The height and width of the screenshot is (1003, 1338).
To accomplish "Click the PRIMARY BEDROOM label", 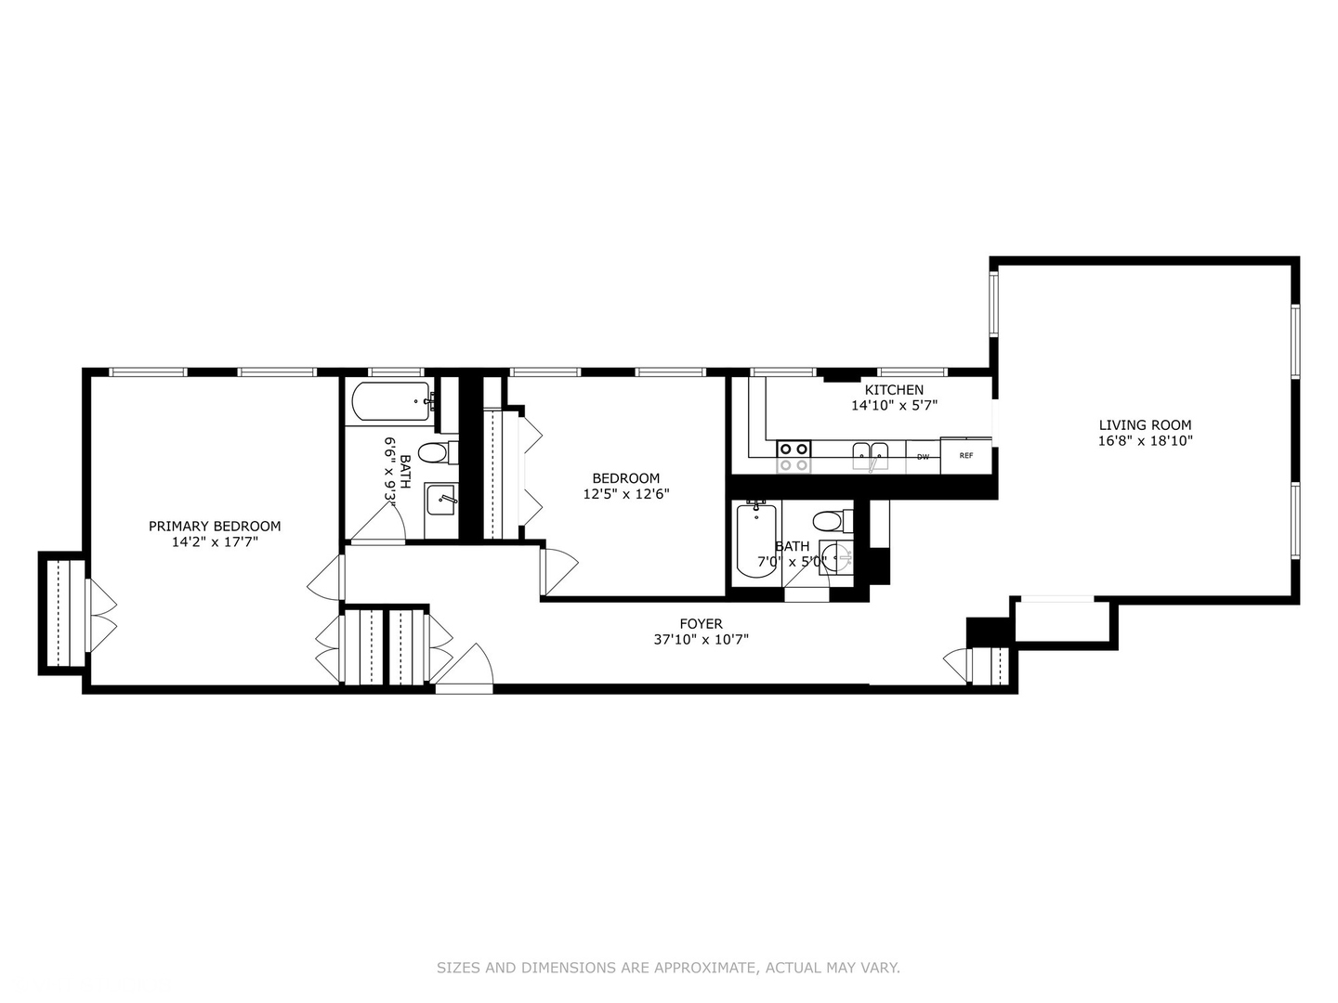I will [x=215, y=526].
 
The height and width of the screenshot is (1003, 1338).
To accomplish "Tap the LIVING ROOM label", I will [x=1145, y=425].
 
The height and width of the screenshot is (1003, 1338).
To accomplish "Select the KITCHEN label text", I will [x=894, y=390].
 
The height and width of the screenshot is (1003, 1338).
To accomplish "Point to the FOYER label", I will [x=701, y=624].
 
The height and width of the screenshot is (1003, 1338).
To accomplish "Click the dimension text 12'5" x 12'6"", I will [x=626, y=494].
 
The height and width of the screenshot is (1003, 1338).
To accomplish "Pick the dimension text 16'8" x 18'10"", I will [x=1145, y=441].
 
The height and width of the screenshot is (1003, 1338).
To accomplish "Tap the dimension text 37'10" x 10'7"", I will [x=701, y=639].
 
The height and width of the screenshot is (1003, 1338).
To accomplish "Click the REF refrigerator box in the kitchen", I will [x=966, y=455].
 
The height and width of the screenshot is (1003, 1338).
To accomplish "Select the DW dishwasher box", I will [x=923, y=456].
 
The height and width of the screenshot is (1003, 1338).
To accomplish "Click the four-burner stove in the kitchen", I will [x=794, y=456].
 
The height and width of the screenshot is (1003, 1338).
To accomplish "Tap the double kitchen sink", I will [x=871, y=454].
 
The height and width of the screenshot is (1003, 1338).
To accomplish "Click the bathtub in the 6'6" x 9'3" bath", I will [x=391, y=402].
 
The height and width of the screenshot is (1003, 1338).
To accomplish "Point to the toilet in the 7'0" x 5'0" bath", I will [x=828, y=519].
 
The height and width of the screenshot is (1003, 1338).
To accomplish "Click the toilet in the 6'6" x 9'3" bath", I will [x=433, y=453].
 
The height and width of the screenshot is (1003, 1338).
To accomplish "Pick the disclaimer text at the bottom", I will [x=668, y=968].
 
